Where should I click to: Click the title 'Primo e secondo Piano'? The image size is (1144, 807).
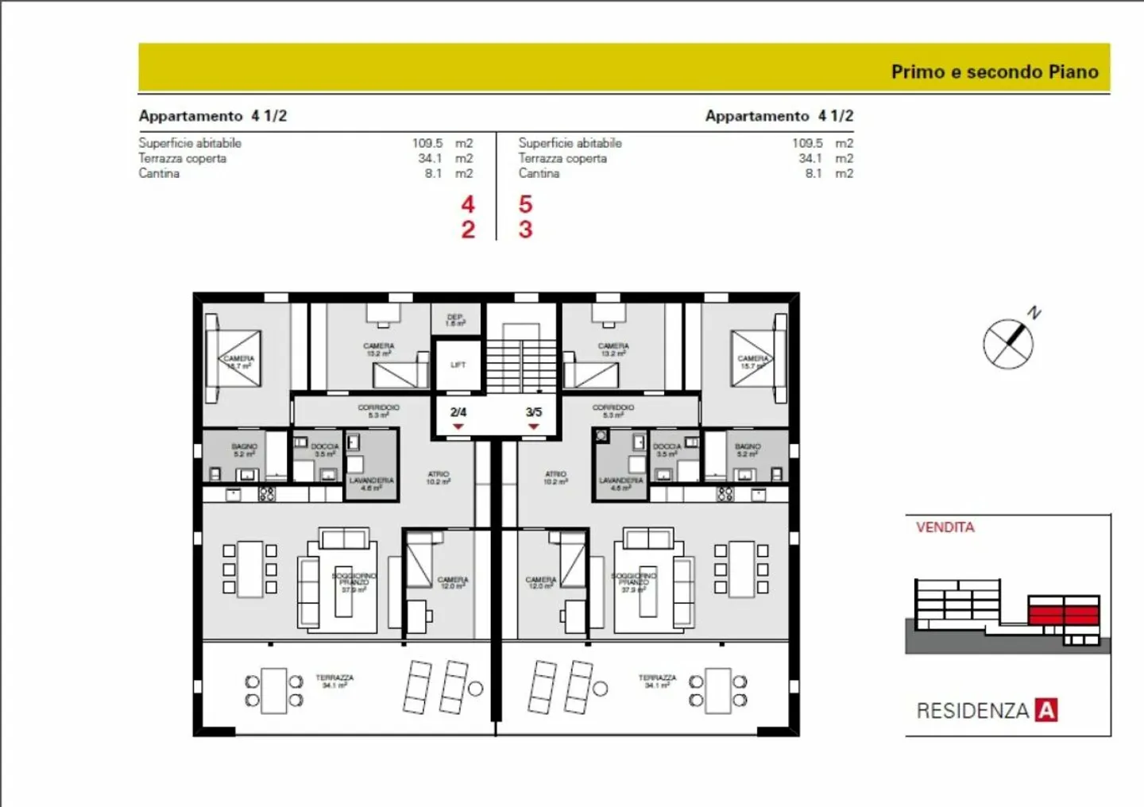tap(994, 71)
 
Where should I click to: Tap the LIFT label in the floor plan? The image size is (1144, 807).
tap(458, 365)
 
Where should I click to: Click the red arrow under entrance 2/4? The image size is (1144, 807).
tap(458, 427)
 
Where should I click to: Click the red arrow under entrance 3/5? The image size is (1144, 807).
tap(534, 427)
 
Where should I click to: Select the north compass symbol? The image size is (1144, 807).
tap(1009, 343)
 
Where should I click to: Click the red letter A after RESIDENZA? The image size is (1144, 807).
tap(1046, 709)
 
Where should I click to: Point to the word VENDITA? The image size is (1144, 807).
tap(945, 527)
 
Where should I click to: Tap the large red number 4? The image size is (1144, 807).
tap(468, 205)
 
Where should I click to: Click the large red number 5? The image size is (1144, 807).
tap(525, 205)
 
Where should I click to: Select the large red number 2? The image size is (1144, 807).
tap(468, 230)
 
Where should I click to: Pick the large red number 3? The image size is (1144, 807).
tap(525, 230)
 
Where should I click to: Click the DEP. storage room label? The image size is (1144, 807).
tap(455, 320)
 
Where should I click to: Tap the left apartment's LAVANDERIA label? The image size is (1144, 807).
tap(371, 484)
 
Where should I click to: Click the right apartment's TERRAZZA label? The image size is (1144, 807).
tap(657, 681)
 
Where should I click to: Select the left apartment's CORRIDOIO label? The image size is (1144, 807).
tap(378, 411)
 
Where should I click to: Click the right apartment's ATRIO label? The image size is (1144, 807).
tap(555, 477)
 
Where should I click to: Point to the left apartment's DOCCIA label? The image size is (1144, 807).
tap(325, 450)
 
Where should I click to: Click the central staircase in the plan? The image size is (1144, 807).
tap(521, 357)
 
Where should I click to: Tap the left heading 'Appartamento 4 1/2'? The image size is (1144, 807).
tap(212, 116)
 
